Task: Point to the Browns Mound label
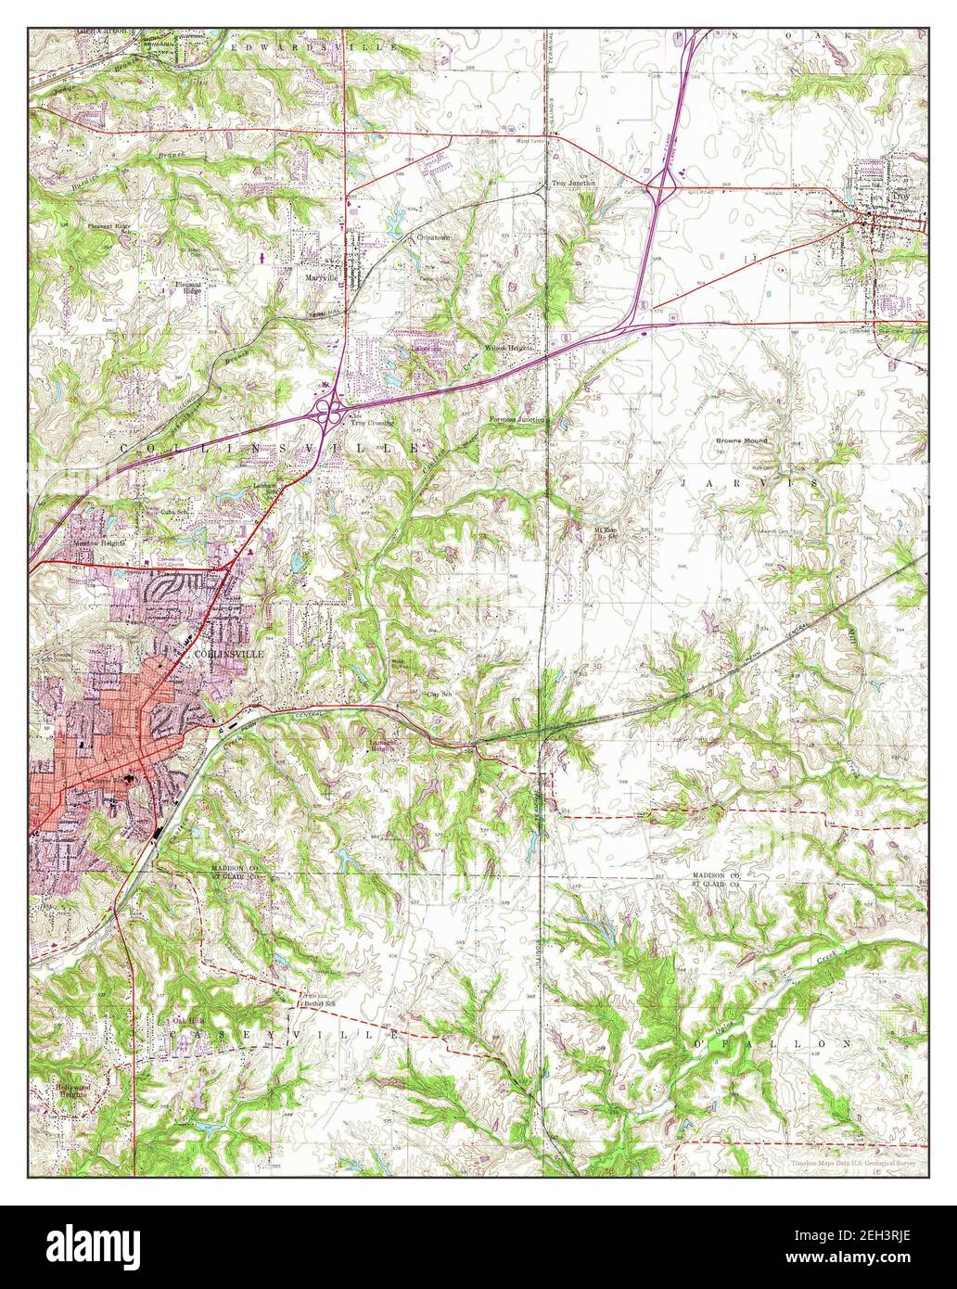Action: (x=741, y=440)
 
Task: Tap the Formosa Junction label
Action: (x=517, y=420)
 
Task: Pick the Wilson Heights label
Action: (x=508, y=349)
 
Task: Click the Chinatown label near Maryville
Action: (x=432, y=237)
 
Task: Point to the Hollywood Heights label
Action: (x=69, y=1090)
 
